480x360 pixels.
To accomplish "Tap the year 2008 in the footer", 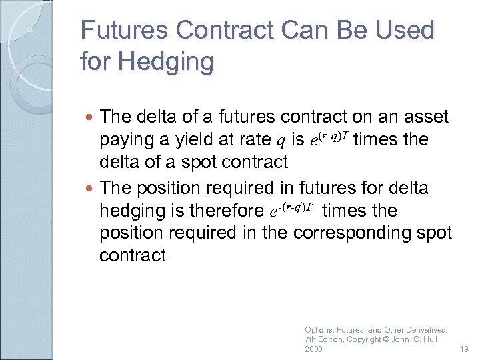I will pos(313,349).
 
